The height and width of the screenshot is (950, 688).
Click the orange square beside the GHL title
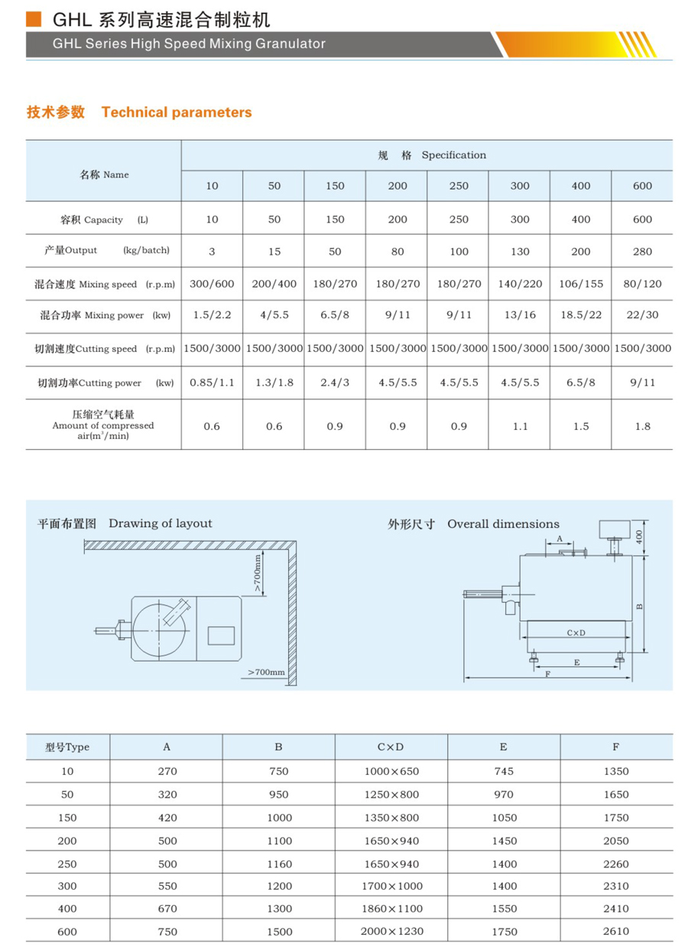coord(32,19)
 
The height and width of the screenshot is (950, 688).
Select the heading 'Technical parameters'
coord(176,112)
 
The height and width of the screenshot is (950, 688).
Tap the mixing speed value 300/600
coord(212,284)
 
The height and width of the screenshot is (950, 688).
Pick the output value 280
coord(642,251)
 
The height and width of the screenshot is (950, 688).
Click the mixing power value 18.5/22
coord(581,314)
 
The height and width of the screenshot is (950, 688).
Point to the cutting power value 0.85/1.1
coord(212,382)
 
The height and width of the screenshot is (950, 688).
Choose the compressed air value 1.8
coord(642,426)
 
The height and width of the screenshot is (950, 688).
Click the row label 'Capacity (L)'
coord(104,220)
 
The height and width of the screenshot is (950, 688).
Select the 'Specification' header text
coord(453,155)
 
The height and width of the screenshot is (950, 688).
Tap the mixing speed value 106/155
coord(581,284)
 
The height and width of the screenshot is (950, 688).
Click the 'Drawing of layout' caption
coord(160,523)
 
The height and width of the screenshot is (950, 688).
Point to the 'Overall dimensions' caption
coord(503,524)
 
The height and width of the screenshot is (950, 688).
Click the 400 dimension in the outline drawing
coord(640,538)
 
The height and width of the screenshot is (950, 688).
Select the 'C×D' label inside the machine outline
coord(576,633)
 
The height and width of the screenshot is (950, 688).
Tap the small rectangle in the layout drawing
coord(220,634)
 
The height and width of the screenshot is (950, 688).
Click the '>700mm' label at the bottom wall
coord(266,672)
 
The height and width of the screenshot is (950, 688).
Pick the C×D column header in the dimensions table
coord(391,747)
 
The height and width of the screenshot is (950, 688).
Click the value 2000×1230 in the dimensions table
coord(391,931)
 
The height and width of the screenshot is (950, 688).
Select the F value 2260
coord(615,864)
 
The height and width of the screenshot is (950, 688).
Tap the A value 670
coord(167,908)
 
